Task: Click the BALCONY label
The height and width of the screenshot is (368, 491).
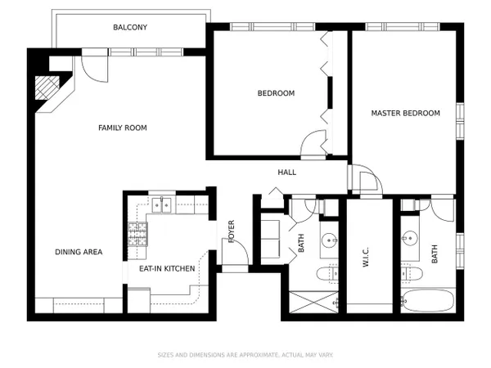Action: tap(130, 27)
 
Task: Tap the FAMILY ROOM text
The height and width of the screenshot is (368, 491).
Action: tap(123, 128)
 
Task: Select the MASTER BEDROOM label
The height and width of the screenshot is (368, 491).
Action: tap(406, 113)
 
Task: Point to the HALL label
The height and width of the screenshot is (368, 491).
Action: tap(287, 172)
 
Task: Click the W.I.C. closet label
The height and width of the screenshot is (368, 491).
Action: tap(366, 257)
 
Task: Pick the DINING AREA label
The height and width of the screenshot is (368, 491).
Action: tap(79, 252)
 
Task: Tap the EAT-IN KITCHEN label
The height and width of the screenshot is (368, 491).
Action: tap(167, 268)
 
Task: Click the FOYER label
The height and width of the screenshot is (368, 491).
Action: tap(232, 231)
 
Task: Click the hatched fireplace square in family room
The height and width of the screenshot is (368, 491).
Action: tap(47, 88)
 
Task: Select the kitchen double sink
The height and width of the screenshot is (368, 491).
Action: tap(161, 205)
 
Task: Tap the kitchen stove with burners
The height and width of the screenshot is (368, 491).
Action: tap(137, 234)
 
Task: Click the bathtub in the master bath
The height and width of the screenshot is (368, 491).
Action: tap(427, 300)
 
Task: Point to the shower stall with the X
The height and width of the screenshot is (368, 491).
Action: tap(313, 302)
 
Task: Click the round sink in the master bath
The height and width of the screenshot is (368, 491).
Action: tap(410, 238)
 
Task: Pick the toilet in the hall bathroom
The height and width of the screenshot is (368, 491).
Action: tap(327, 274)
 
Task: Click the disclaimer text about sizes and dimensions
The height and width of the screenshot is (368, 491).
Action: tap(245, 355)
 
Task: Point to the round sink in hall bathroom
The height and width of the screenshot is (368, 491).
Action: tap(329, 240)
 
